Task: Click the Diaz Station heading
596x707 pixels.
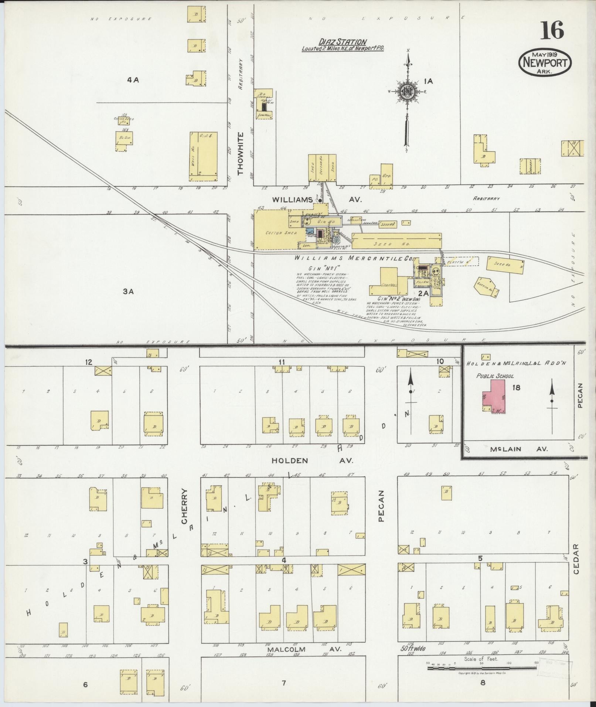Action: [x=343, y=42]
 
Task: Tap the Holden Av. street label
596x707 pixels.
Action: [x=312, y=460]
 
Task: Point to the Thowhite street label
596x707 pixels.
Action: [x=241, y=153]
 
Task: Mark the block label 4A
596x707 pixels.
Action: [x=132, y=79]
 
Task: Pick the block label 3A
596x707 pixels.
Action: [x=128, y=291]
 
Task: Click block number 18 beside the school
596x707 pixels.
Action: [x=516, y=388]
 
